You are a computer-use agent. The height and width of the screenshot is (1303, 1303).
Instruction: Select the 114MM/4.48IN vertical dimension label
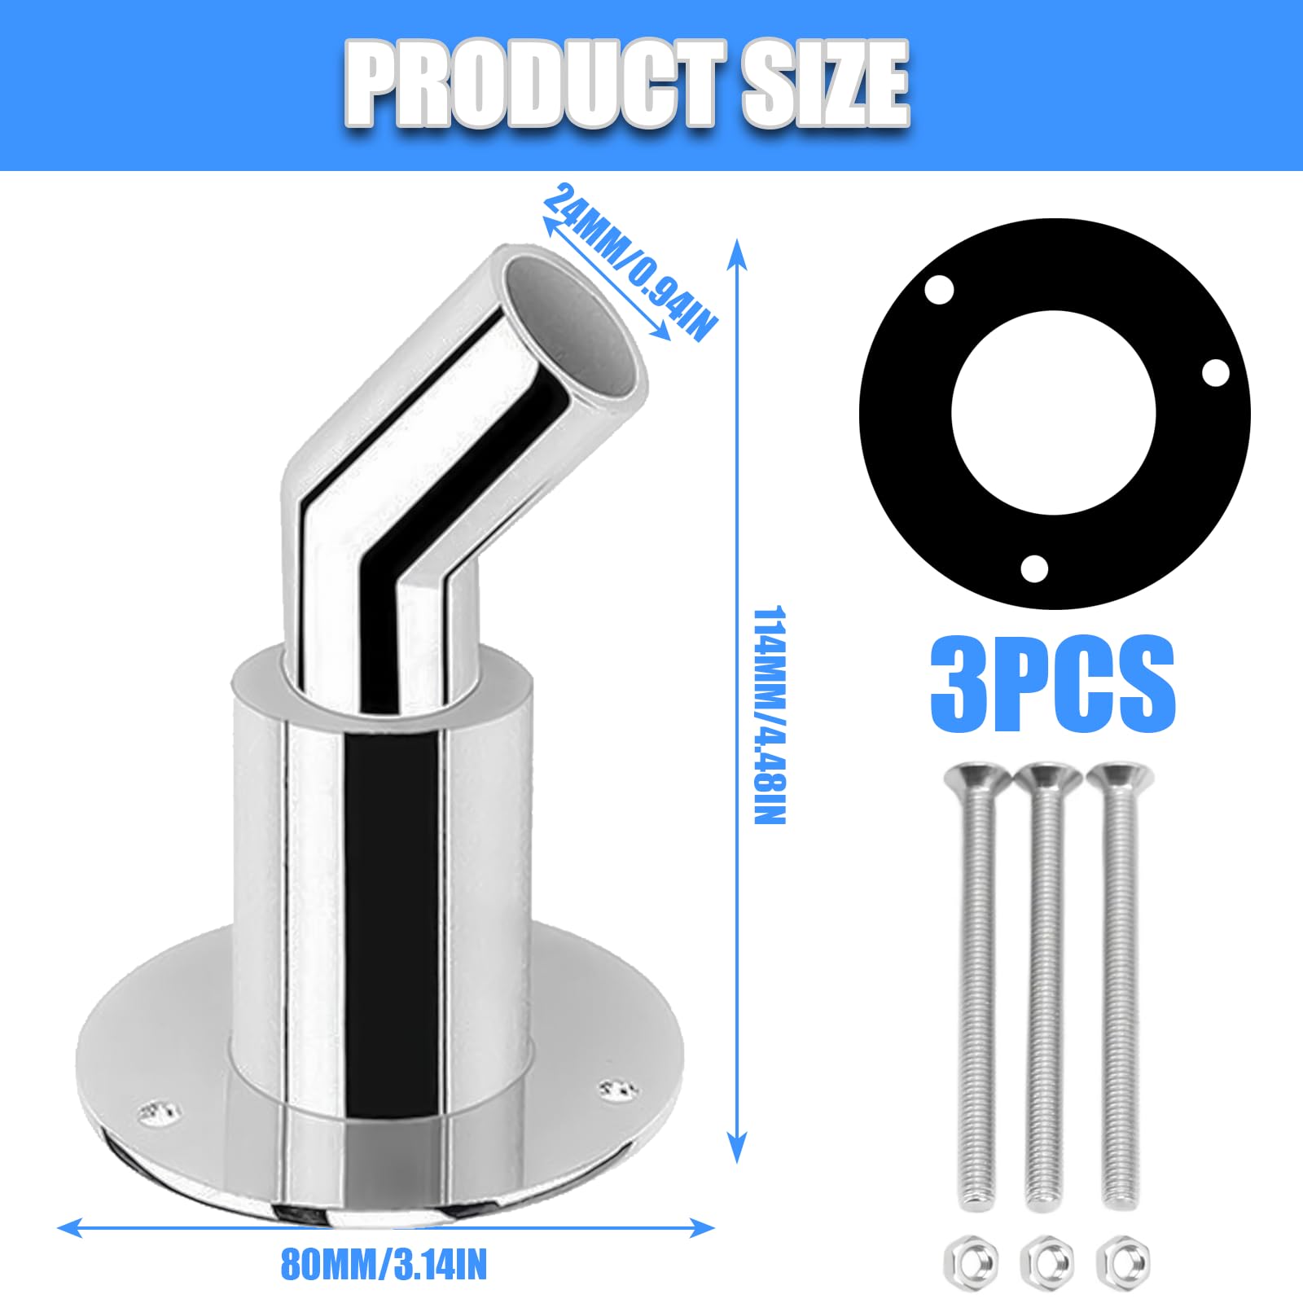coord(769,714)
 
